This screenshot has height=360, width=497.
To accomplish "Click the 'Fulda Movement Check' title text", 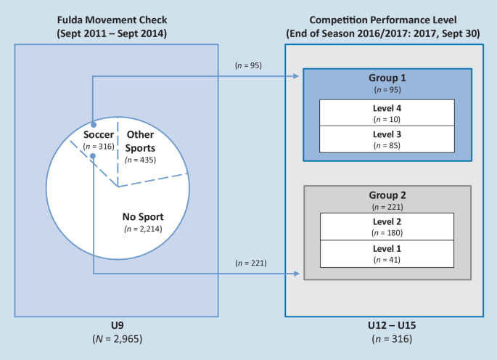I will click(x=116, y=20).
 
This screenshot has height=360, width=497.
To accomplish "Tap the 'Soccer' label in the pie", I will click(x=99, y=134).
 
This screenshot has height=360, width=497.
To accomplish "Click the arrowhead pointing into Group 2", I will click(x=298, y=274).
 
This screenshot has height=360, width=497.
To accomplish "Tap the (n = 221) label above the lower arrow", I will click(x=250, y=263).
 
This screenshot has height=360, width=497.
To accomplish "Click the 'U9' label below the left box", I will click(x=116, y=326).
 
